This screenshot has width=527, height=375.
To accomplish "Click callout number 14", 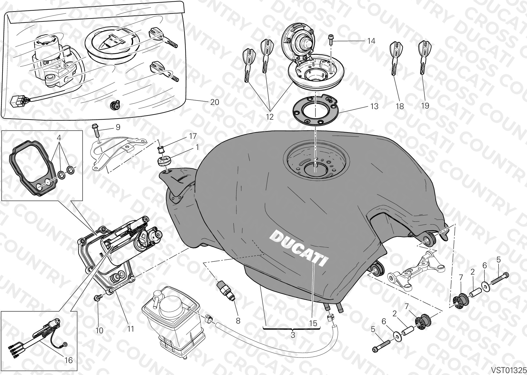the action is click(x=371, y=41).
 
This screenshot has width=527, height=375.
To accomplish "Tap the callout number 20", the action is click(x=214, y=102).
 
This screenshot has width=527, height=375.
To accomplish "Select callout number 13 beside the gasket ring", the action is click(x=375, y=106).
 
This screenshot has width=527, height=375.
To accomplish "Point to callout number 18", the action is click(x=400, y=106).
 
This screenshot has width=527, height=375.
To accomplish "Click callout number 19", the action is click(x=425, y=106).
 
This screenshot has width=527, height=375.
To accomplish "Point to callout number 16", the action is click(x=68, y=360).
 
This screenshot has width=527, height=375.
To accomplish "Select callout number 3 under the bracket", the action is click(x=292, y=335).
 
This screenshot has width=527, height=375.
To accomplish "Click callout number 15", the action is click(x=313, y=323).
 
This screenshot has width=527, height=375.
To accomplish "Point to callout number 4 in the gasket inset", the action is click(x=59, y=137).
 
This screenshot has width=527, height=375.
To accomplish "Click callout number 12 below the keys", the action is click(x=270, y=117).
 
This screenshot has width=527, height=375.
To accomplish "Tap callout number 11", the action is click(x=131, y=329).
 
